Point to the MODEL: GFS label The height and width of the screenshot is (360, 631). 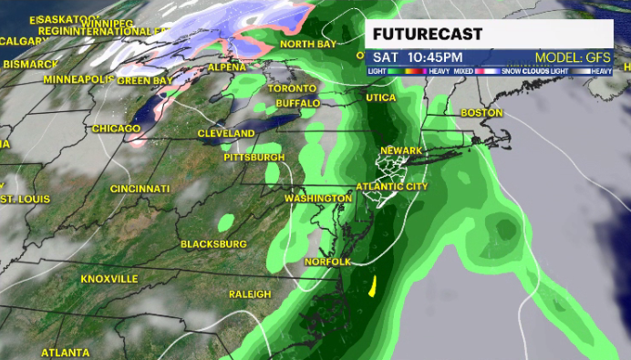[x=572, y=57]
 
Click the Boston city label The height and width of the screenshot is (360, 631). [x=481, y=113]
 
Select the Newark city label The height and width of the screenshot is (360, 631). [x=402, y=150]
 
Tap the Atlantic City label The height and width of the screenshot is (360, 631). [x=391, y=187]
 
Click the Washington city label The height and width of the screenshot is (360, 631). [x=318, y=198]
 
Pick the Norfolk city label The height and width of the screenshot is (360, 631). [x=327, y=262]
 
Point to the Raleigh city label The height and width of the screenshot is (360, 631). [x=250, y=293]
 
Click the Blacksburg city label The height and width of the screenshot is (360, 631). [x=214, y=244]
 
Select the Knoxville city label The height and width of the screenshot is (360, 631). [x=109, y=278]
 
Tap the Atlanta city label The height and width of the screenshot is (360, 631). [x=66, y=352]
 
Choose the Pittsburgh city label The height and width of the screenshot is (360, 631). [x=254, y=158]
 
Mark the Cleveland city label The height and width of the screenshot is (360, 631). [x=226, y=134]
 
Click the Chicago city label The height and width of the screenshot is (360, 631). [x=116, y=129]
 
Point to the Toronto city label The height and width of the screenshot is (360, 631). [x=292, y=88]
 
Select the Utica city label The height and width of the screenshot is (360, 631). [x=381, y=98]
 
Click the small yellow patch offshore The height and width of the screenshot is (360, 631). [x=373, y=288]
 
